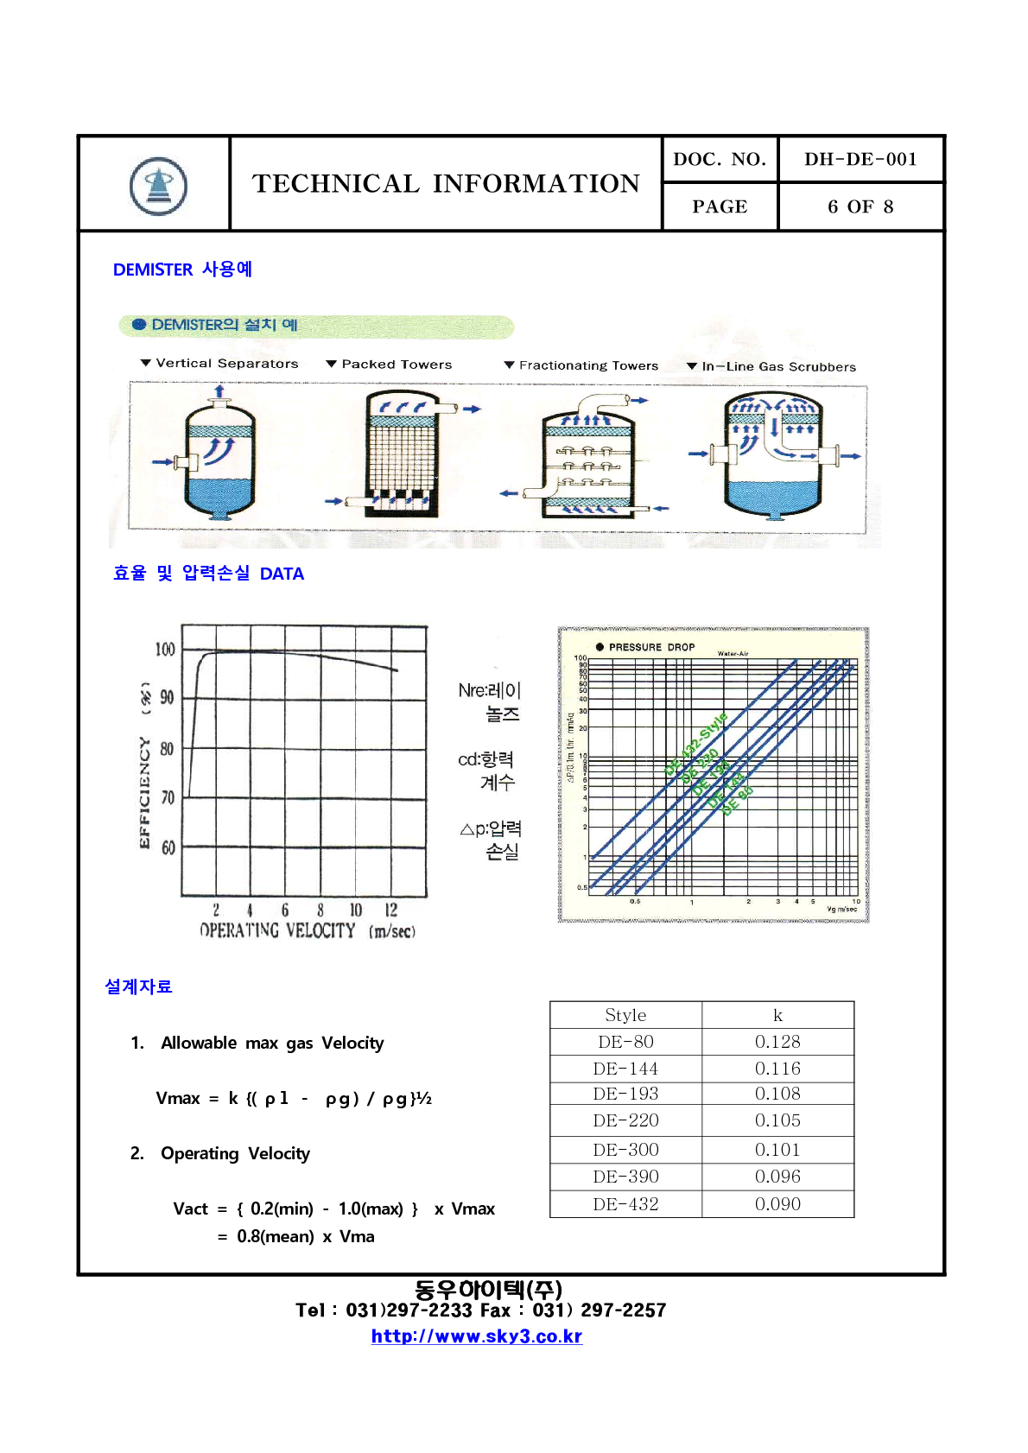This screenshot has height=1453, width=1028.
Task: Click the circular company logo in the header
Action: [x=158, y=186]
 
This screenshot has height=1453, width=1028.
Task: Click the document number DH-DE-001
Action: [x=860, y=159]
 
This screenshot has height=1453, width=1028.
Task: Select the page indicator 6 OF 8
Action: [x=860, y=206]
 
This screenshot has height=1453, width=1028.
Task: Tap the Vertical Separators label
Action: [x=226, y=364]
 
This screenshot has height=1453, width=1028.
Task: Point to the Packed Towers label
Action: [x=397, y=365]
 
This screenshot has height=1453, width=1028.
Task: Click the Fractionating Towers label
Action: [x=588, y=366]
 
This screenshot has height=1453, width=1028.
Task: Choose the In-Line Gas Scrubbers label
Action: [x=778, y=367]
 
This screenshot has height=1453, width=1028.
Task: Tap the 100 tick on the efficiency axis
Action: [x=165, y=650]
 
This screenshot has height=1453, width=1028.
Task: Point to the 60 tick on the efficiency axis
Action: [x=168, y=848]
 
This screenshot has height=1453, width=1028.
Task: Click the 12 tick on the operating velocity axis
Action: [x=391, y=911]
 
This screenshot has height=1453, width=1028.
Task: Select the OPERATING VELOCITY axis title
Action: [x=277, y=931]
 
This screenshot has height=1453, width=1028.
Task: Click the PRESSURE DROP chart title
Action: [x=651, y=647]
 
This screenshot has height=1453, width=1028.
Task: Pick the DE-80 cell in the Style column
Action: [x=625, y=1042]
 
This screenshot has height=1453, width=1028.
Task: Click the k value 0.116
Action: [x=777, y=1069]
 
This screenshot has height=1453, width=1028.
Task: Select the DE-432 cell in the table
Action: [x=625, y=1204]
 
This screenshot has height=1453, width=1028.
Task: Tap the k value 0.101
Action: [x=777, y=1150]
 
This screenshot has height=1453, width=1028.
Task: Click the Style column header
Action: [x=625, y=1015]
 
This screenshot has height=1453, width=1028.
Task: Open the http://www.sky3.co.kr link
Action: [x=477, y=1336]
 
